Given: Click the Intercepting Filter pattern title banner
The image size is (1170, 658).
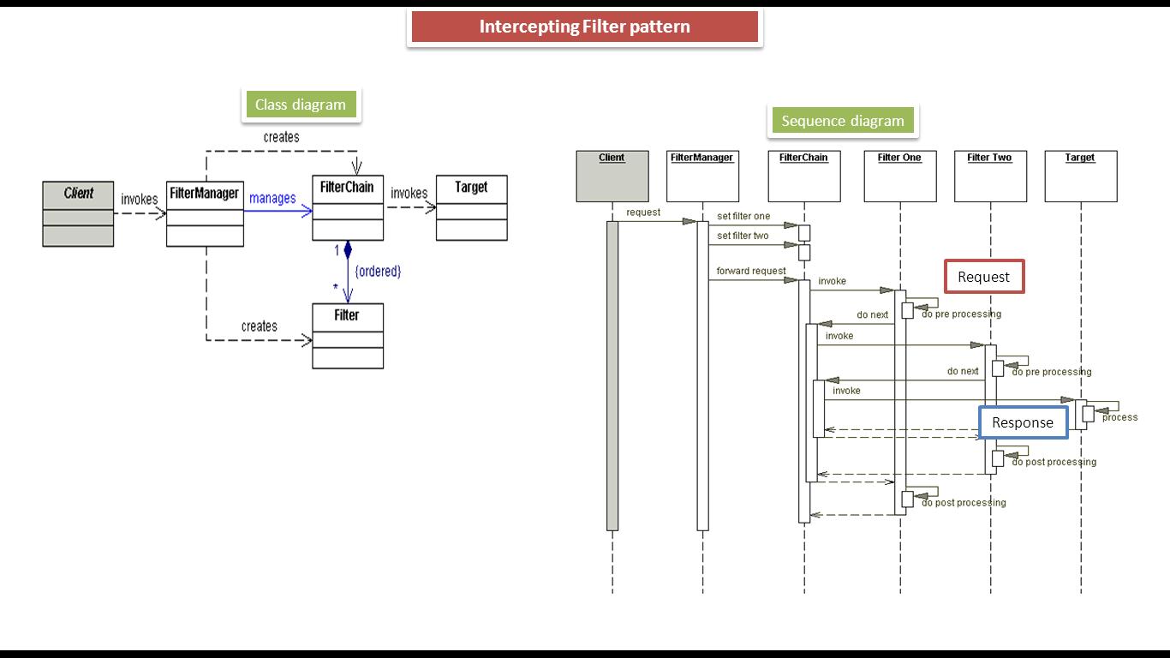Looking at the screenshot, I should click(x=584, y=27).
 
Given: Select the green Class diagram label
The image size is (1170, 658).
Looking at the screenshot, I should click(x=300, y=105).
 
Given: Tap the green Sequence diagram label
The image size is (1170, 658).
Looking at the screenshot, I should click(x=842, y=121).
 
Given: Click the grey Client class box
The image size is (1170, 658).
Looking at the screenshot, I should click(x=78, y=213).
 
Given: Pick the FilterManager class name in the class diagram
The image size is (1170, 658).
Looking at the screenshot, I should click(x=204, y=194).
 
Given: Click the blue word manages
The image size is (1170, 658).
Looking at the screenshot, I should click(x=272, y=198).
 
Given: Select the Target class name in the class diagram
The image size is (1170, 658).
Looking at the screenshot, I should click(x=471, y=187).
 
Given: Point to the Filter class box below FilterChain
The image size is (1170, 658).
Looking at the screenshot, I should click(x=347, y=336).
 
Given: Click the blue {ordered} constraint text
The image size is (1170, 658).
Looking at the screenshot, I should click(x=378, y=271).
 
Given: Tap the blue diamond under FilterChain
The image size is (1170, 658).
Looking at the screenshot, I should click(x=348, y=250).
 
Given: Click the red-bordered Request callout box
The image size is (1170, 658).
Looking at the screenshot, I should click(x=983, y=277).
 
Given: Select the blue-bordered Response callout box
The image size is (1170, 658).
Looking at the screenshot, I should click(x=1023, y=422).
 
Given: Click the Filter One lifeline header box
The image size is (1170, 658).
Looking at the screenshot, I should click(x=899, y=176).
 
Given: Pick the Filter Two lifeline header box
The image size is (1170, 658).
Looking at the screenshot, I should click(x=989, y=176).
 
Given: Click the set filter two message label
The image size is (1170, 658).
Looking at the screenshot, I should click(x=743, y=236).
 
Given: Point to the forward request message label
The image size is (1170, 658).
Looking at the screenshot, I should click(x=751, y=271).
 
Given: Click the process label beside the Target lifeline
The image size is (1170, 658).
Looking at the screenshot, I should click(x=1119, y=417).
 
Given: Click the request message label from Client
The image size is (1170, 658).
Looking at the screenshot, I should click(x=643, y=212).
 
